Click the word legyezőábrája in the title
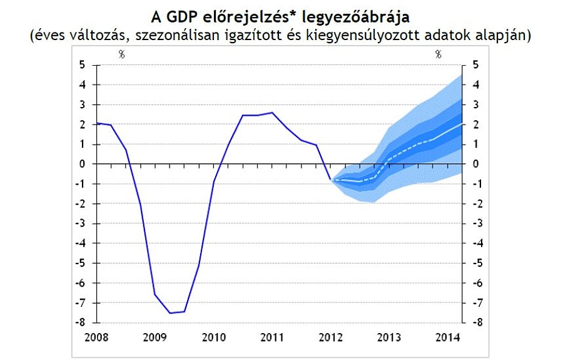pos(354,14)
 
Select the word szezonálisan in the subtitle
pos(175,35)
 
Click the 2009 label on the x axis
pos(155,336)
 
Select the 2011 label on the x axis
pos(271,336)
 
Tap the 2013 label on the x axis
pos(389,336)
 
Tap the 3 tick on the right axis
pos(476,105)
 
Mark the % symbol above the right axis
pos(439,54)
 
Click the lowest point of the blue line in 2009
pos(170,313)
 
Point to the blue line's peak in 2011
pos(271,113)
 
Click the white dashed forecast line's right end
pos(462,123)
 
